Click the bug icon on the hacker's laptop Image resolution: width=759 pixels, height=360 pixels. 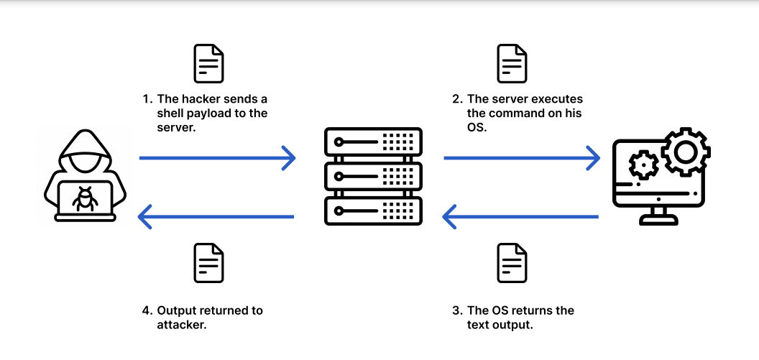85,198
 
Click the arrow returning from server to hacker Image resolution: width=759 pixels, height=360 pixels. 216,216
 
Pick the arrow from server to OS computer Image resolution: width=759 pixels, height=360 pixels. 522,157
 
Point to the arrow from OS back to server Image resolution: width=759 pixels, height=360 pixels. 520,216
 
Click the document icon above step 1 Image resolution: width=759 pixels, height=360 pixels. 208,63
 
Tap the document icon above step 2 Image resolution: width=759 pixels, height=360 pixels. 512,63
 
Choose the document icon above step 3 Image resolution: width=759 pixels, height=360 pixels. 512,262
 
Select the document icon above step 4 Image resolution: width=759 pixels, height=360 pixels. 208,262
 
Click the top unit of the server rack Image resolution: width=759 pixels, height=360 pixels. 372,140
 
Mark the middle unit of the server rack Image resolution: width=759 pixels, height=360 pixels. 372,175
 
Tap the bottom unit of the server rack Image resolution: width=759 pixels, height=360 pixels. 372,209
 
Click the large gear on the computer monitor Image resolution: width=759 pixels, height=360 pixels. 685,152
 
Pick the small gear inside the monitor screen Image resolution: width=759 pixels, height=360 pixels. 642,166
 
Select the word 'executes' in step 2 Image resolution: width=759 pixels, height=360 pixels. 556,99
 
